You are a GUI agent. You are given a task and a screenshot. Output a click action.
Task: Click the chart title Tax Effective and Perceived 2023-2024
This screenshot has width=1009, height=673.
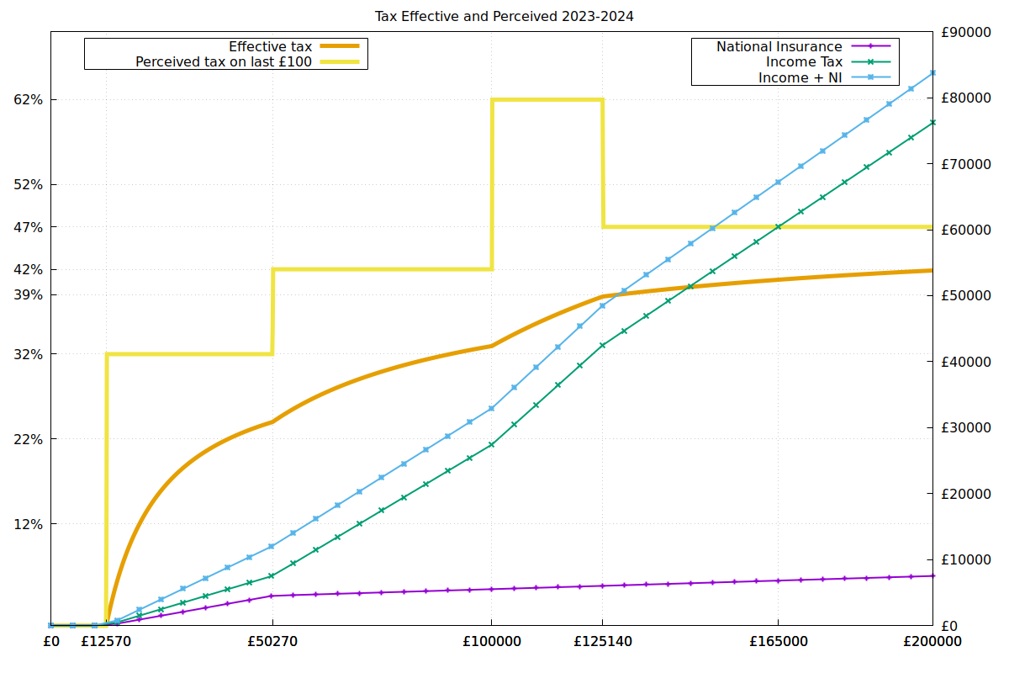click(x=504, y=16)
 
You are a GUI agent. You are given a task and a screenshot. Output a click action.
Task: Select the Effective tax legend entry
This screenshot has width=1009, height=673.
click(x=270, y=46)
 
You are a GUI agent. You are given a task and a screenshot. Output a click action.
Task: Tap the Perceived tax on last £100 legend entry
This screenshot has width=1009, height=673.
click(x=224, y=61)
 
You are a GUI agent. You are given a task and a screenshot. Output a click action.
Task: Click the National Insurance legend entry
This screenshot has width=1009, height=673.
click(x=779, y=46)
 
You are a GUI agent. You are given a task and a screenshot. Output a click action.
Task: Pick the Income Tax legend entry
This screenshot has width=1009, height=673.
click(x=804, y=61)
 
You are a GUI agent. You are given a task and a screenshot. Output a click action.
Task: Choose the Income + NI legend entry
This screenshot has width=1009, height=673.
click(x=800, y=77)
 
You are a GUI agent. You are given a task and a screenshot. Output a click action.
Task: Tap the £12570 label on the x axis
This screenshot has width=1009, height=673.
click(x=106, y=642)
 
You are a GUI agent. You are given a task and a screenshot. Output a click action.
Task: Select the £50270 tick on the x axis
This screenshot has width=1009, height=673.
click(x=272, y=642)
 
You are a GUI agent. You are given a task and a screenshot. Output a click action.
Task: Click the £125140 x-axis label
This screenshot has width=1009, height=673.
click(x=602, y=642)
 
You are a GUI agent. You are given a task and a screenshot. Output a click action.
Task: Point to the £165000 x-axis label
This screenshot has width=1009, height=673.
click(x=778, y=642)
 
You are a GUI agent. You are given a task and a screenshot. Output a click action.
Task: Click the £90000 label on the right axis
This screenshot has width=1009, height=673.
click(x=966, y=32)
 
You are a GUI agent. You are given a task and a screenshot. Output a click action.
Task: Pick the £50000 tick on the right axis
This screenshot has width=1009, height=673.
click(x=966, y=296)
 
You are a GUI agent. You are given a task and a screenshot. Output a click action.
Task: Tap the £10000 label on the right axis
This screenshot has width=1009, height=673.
click(x=966, y=560)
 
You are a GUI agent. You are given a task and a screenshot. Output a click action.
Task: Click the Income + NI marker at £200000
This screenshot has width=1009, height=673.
click(x=932, y=72)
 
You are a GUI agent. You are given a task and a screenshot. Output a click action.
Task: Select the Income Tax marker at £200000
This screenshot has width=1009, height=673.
click(x=932, y=122)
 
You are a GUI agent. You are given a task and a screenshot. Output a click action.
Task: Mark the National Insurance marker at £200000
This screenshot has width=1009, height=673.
click(x=932, y=575)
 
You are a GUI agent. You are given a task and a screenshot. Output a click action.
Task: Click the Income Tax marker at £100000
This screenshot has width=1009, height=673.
click(x=492, y=444)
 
